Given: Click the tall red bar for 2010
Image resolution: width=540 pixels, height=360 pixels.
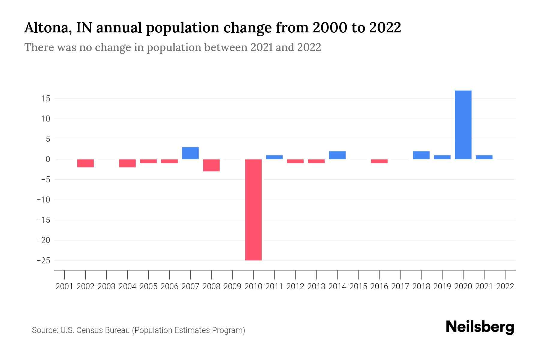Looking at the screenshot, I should pyautogui.click(x=253, y=210).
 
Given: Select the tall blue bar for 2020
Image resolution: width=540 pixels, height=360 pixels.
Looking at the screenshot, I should pyautogui.click(x=463, y=125).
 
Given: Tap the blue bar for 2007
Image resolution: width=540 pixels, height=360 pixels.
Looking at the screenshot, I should pyautogui.click(x=190, y=153).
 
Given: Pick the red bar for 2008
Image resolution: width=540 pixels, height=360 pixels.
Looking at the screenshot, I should pyautogui.click(x=211, y=165).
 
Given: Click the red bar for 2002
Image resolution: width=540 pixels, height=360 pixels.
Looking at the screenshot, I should pyautogui.click(x=85, y=163).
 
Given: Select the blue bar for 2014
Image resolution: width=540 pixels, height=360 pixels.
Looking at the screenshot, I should pyautogui.click(x=337, y=155).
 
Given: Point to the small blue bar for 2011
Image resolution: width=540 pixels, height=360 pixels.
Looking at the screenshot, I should pyautogui.click(x=274, y=157).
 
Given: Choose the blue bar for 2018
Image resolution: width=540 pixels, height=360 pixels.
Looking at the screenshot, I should pyautogui.click(x=421, y=155).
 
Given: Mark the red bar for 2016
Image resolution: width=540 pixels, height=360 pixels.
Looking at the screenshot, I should pyautogui.click(x=379, y=161).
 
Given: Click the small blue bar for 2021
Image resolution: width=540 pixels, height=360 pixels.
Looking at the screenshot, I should pyautogui.click(x=484, y=157).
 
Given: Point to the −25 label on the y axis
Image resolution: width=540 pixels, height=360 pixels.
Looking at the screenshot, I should pyautogui.click(x=43, y=261).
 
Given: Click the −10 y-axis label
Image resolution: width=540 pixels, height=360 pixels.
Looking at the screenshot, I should pyautogui.click(x=43, y=200).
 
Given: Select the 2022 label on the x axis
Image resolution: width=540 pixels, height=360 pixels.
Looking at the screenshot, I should pyautogui.click(x=505, y=286).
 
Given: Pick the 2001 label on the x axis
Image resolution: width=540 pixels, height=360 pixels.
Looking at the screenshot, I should pyautogui.click(x=64, y=286).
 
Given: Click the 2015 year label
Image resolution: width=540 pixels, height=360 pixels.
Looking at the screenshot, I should pyautogui.click(x=358, y=286).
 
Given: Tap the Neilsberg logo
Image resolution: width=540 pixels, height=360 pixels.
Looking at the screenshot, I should pyautogui.click(x=480, y=327).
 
